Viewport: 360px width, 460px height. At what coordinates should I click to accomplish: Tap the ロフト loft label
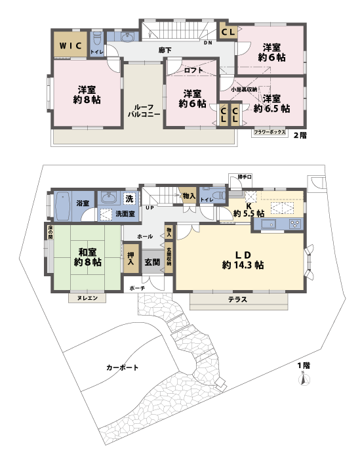point(193,70)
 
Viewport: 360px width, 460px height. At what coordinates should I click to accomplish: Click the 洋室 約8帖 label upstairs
point(87,94)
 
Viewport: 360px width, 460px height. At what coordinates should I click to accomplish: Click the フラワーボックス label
point(270,132)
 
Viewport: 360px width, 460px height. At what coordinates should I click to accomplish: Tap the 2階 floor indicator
point(300,135)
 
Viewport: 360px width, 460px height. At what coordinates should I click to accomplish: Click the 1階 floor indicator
point(302,365)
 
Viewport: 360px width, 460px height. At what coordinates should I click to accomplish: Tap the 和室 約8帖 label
point(87,256)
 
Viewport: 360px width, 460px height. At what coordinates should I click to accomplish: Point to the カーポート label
point(122,367)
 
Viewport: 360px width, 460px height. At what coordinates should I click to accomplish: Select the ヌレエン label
point(87,299)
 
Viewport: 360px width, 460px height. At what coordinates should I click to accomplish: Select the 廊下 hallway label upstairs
point(165,51)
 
